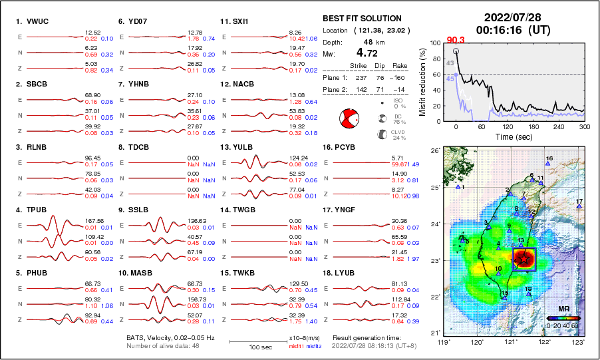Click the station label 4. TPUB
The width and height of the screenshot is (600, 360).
coord(32,210)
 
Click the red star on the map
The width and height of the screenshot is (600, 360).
coord(524,260)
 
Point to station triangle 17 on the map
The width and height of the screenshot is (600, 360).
coord(579,206)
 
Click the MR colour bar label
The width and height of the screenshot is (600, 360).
coord(563,309)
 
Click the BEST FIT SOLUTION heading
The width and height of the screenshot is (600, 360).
coord(361,19)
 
